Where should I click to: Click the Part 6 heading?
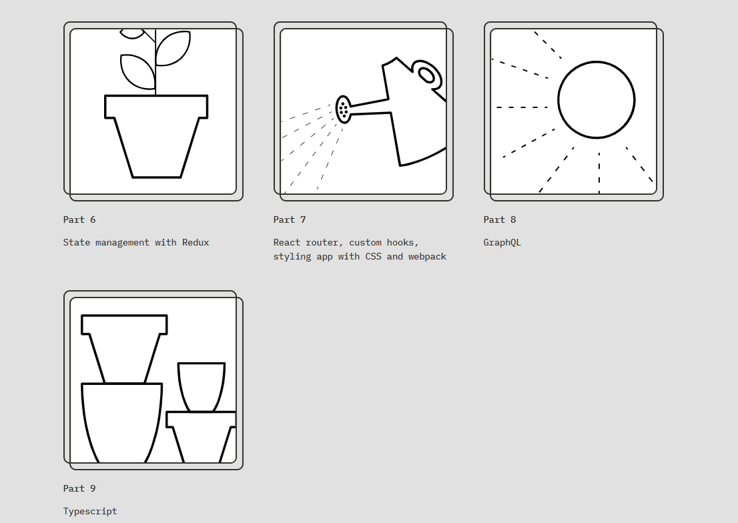79,220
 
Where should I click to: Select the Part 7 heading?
290,220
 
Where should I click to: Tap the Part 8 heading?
499,220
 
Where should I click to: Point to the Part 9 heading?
79,488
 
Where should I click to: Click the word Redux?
196,242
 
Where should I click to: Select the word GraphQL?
502,243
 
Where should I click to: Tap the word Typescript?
90,512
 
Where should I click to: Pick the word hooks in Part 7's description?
403,243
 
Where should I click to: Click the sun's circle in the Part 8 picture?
597,61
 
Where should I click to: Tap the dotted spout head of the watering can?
343,109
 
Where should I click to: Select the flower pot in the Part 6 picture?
155,137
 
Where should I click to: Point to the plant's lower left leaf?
137,71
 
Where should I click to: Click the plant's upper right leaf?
173,48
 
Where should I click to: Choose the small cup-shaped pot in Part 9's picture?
202,387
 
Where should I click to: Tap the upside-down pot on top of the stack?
124,348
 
